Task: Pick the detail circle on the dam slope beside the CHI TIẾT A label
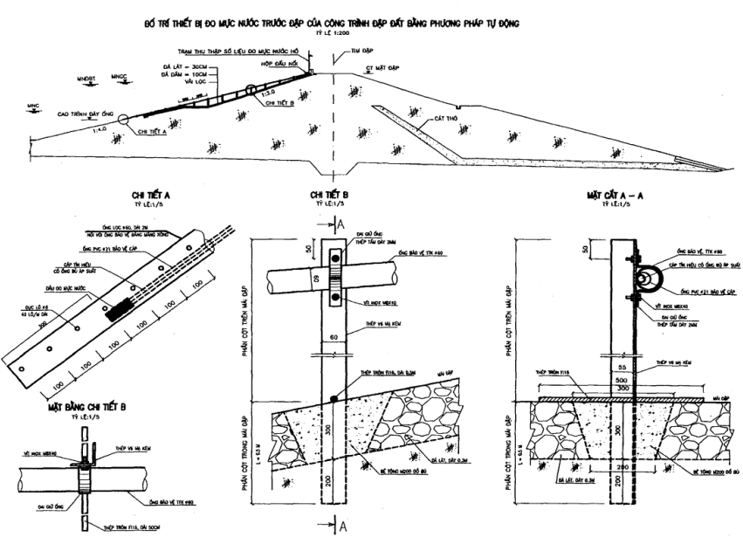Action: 122,119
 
